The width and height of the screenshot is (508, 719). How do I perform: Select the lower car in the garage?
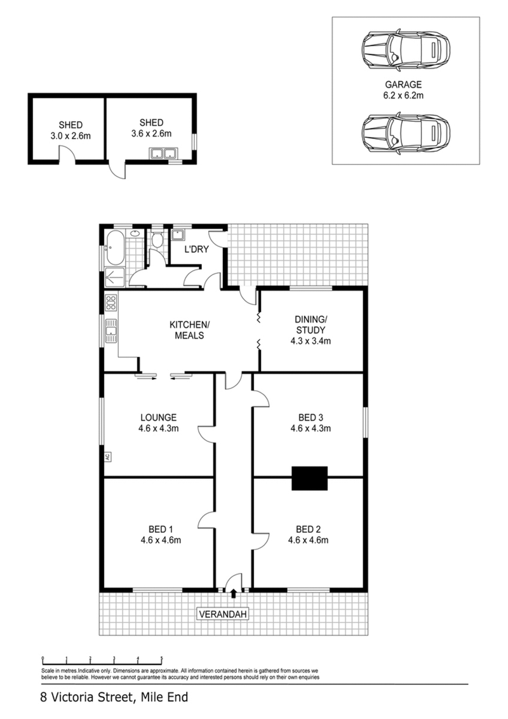[405, 134]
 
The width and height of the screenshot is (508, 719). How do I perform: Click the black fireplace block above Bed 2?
[309, 478]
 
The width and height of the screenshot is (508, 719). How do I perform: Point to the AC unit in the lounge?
[107, 455]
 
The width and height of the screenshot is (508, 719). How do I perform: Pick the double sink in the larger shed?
[163, 153]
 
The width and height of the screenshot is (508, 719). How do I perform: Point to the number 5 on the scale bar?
[161, 659]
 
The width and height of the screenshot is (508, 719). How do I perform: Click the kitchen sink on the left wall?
[111, 331]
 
